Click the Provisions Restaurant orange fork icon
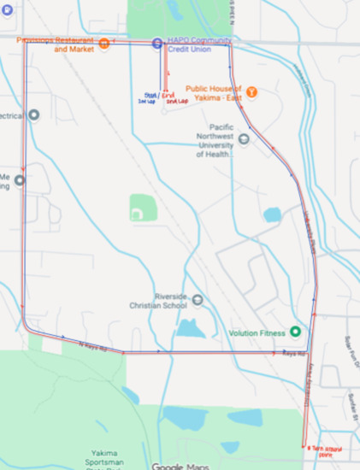point(103,44)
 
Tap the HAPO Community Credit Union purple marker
point(156,44)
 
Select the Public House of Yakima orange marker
point(252,91)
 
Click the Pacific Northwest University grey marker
point(244,138)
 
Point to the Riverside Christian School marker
point(198,299)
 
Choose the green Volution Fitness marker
point(296,332)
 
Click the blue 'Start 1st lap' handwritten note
point(148,98)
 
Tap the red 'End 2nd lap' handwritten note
point(175,98)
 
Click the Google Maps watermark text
point(179,466)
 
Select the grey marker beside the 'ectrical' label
point(34,115)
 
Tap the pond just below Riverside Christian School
point(188,328)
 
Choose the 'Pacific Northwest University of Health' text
point(213,138)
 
